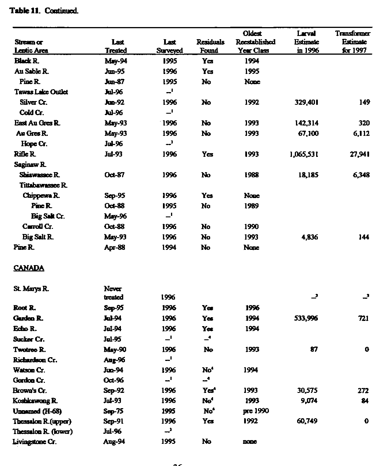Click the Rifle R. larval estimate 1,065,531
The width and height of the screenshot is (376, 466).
(304, 154)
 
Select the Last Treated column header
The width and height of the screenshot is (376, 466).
(116, 46)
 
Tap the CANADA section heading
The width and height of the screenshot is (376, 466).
(29, 268)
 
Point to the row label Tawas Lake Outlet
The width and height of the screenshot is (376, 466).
(41, 92)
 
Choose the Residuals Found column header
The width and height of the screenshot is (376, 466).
(210, 46)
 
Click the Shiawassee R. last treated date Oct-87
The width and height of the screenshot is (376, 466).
(115, 175)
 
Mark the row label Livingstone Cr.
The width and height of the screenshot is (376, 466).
(35, 442)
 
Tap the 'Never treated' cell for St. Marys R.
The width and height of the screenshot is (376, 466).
(113, 293)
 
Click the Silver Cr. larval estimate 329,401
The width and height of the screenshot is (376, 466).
(306, 102)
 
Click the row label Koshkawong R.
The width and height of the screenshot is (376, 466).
(35, 401)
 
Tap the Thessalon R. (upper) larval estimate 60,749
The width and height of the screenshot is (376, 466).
(307, 421)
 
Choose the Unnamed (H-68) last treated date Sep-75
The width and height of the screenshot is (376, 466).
(113, 411)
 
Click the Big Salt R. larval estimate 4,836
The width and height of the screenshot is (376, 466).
(309, 237)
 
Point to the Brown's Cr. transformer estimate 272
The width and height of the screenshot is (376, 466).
(363, 391)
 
